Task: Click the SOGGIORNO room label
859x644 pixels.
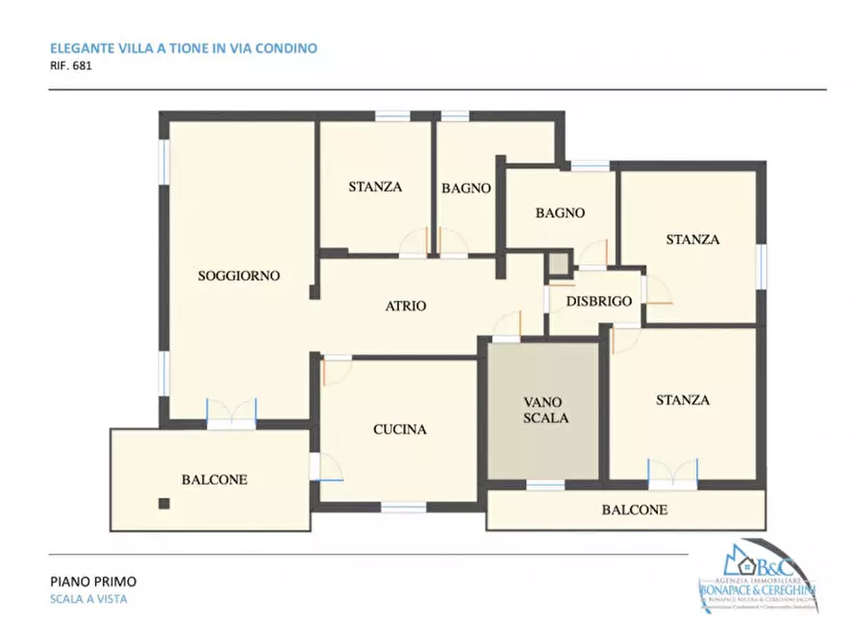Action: click(239, 276)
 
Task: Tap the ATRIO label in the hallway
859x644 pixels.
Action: click(406, 307)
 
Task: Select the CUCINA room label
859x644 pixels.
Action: click(399, 430)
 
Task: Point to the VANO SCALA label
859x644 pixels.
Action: click(546, 409)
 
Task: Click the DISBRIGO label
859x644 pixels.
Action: click(598, 301)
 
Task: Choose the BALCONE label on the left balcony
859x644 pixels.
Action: click(215, 480)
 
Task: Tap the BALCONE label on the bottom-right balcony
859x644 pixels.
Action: click(634, 510)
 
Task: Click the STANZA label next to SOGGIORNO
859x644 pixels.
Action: click(375, 187)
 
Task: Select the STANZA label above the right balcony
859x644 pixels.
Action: click(683, 400)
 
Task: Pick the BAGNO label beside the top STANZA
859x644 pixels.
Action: click(467, 188)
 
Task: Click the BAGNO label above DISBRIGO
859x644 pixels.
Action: click(561, 213)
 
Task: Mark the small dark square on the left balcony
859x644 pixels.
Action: click(164, 503)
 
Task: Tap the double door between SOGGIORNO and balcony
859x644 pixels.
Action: click(233, 412)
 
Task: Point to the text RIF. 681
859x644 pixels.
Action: click(70, 67)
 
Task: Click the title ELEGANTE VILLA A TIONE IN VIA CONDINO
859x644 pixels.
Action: click(183, 47)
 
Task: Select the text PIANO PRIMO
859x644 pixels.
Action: click(92, 582)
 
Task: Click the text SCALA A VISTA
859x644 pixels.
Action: click(88, 600)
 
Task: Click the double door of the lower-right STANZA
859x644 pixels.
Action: click(672, 471)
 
